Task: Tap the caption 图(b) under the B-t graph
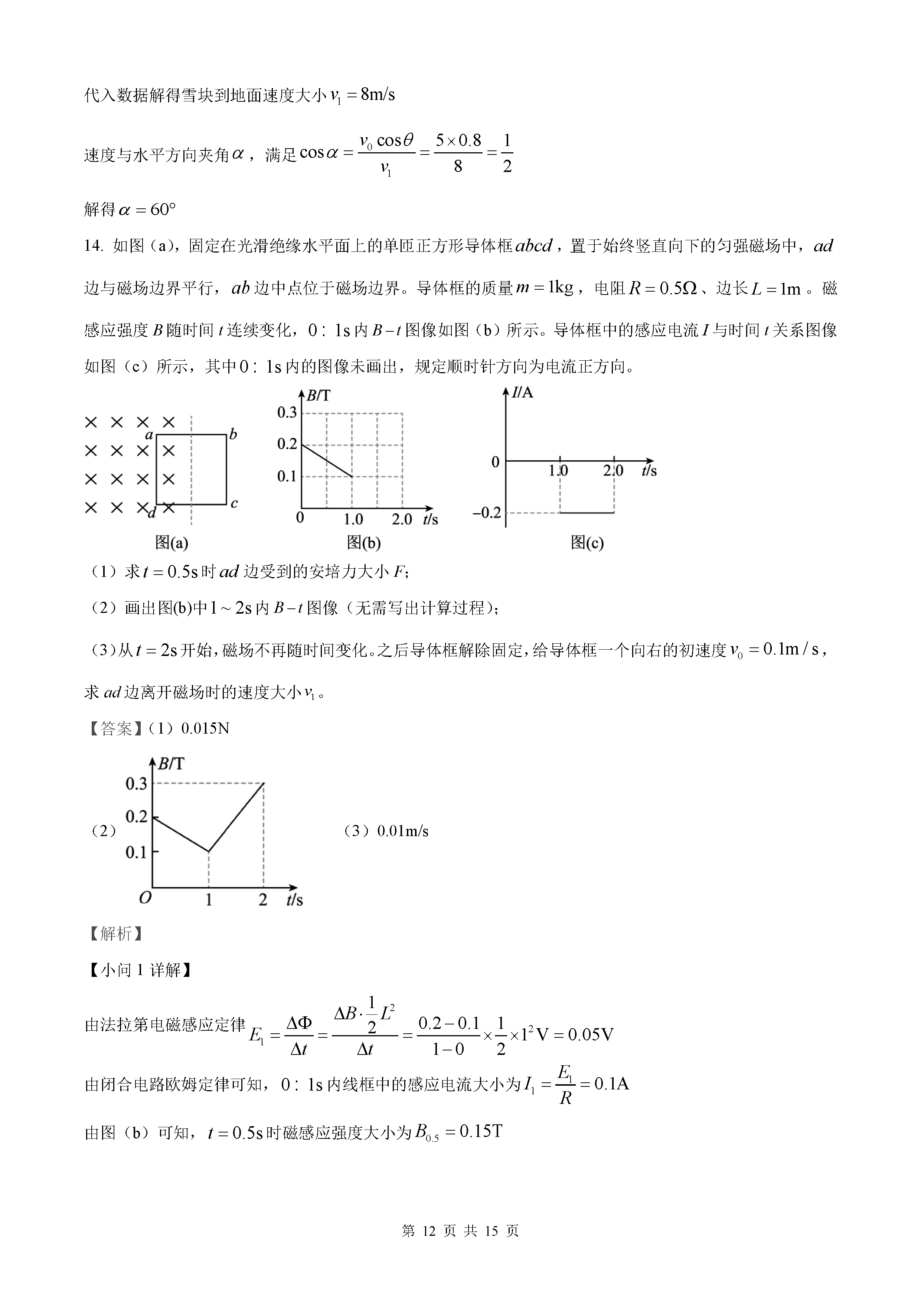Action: tap(363, 543)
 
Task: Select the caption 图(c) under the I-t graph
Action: tap(587, 543)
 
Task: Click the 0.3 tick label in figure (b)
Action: tap(287, 413)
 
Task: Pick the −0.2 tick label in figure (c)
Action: tap(487, 513)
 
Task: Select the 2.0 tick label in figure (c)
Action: tap(613, 471)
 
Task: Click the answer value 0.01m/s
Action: tap(403, 831)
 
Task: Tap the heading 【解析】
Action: tap(116, 933)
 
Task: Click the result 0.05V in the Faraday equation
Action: tap(590, 1034)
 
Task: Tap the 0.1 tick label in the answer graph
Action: tap(136, 852)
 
